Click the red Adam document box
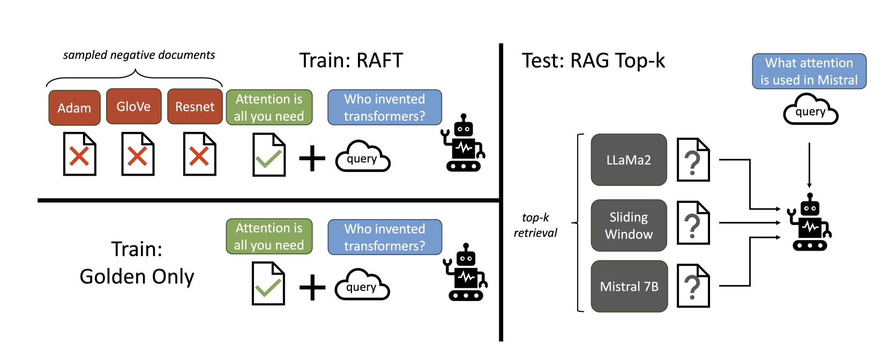coord(74,108)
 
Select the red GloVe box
coord(133,106)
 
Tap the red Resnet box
coord(195,107)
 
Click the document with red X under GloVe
coord(138,154)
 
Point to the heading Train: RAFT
coord(351,61)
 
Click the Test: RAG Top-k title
coord(593,61)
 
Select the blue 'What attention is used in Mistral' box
coord(809,71)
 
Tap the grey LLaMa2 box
coord(629,160)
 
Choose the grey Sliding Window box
coord(629,226)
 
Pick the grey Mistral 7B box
coord(629,287)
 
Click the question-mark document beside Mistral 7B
coord(693,286)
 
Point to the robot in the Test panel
coord(810,223)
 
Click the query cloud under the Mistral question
coord(810,110)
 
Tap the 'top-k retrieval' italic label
coord(535,225)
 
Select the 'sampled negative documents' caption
coord(139,55)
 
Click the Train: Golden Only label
coord(137,262)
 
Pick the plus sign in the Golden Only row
coord(312,288)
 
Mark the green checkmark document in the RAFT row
coord(268,155)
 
